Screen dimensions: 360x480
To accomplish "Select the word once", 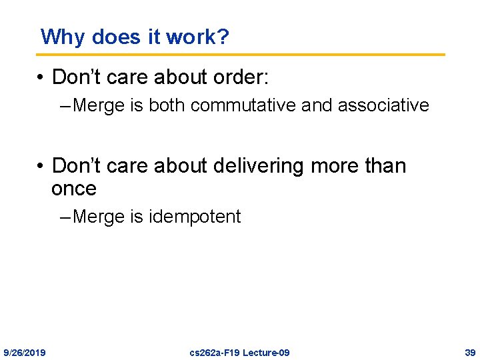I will [74, 189].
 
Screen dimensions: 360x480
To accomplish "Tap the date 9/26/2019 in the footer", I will [25, 352].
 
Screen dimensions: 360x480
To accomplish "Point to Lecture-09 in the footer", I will [265, 352].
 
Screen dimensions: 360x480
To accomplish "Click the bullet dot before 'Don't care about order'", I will [41, 78].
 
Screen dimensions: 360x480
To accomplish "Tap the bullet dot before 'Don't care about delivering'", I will [41, 166].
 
